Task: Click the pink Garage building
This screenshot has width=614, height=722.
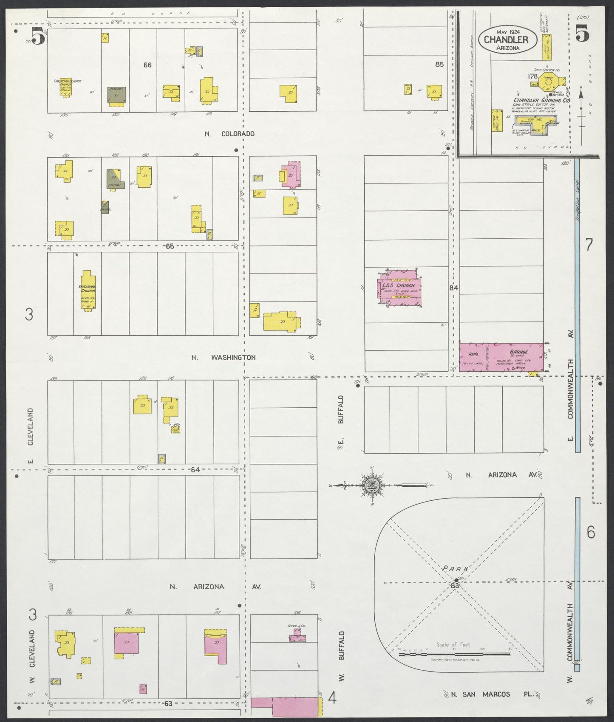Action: point(501,357)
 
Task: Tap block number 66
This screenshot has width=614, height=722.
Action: point(147,65)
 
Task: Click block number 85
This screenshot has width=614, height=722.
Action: point(439,65)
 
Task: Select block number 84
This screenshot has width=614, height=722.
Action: point(454,288)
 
